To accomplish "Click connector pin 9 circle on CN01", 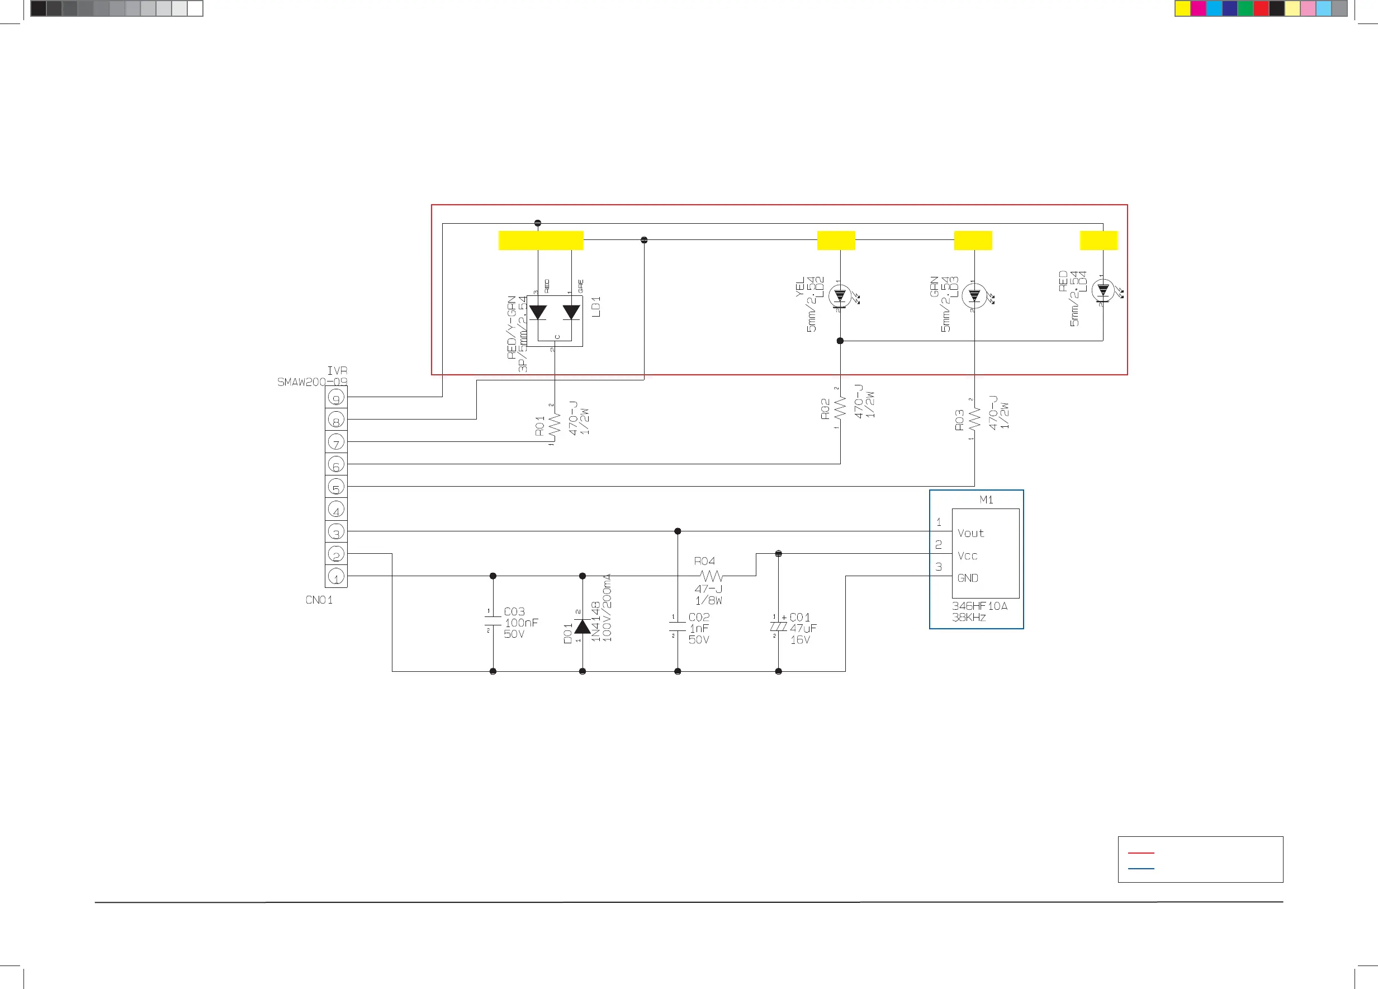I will (x=336, y=398).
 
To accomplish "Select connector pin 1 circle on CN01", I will (x=336, y=576).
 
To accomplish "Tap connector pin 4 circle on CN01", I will (x=336, y=509).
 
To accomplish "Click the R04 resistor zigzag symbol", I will (x=711, y=576).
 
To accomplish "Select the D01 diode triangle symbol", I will (x=582, y=626).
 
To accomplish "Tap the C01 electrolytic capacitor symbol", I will (x=778, y=627).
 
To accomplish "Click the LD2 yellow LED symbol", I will (x=840, y=296).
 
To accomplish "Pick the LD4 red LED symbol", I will (x=1103, y=290).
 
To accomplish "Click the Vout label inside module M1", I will (x=970, y=533).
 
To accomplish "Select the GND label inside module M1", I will (x=968, y=578).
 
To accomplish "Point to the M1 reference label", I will (x=986, y=500).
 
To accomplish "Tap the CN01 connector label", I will (x=319, y=600).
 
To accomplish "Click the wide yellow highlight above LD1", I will (x=541, y=240).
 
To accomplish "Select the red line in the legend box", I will (x=1140, y=853).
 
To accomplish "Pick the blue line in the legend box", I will (x=1140, y=869).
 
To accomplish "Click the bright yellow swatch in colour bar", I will (x=1182, y=8).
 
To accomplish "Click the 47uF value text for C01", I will (x=803, y=629).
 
